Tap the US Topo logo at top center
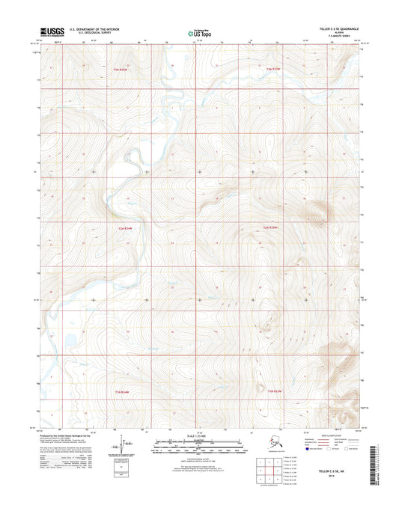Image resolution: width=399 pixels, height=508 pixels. click(x=199, y=32)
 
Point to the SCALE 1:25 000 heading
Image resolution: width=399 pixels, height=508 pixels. click(x=199, y=435)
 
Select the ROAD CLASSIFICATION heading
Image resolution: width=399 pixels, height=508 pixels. click(x=329, y=433)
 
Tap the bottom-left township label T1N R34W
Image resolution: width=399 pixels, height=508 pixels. click(x=123, y=391)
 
